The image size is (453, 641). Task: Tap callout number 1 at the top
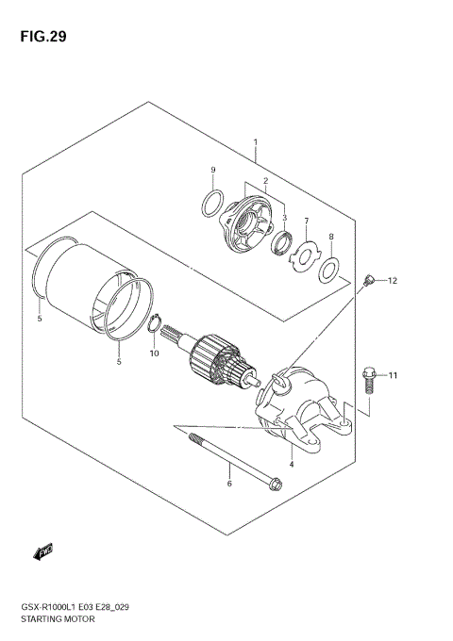click(256, 143)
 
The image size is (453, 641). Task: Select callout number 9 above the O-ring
click(213, 170)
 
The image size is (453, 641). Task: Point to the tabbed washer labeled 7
click(306, 252)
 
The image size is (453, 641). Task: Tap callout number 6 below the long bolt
click(228, 484)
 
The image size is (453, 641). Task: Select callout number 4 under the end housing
click(292, 464)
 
